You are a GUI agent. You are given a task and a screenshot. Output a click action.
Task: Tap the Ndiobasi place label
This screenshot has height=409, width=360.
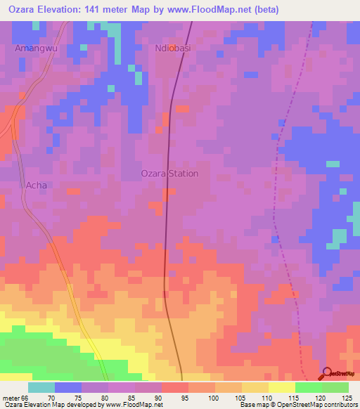click(173, 48)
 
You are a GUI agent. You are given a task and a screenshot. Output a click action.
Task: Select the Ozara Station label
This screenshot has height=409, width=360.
click(171, 174)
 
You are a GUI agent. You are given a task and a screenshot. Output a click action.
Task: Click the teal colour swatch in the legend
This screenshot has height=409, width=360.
click(41, 387)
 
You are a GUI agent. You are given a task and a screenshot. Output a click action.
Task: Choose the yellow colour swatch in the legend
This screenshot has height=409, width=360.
click(282, 387)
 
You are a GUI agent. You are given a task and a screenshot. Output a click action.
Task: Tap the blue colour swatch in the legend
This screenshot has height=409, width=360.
click(68, 387)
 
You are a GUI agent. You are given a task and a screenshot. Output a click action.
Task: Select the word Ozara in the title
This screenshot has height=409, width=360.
click(23, 10)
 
